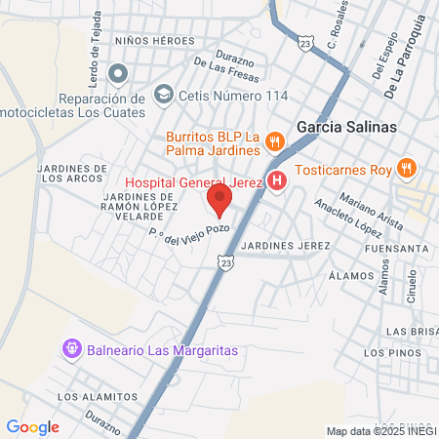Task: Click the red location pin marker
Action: point(219,202)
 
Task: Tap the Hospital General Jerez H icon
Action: point(277,180)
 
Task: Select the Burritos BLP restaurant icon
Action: point(275,141)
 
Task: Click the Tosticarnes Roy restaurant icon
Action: point(407,169)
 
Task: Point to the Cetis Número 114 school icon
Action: point(164,95)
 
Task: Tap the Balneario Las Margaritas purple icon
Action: point(71,348)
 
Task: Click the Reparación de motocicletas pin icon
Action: point(118,73)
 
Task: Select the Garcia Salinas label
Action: point(346,127)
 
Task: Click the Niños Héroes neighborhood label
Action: point(155,41)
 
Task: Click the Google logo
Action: point(32,426)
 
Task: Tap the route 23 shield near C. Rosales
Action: point(307,46)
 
